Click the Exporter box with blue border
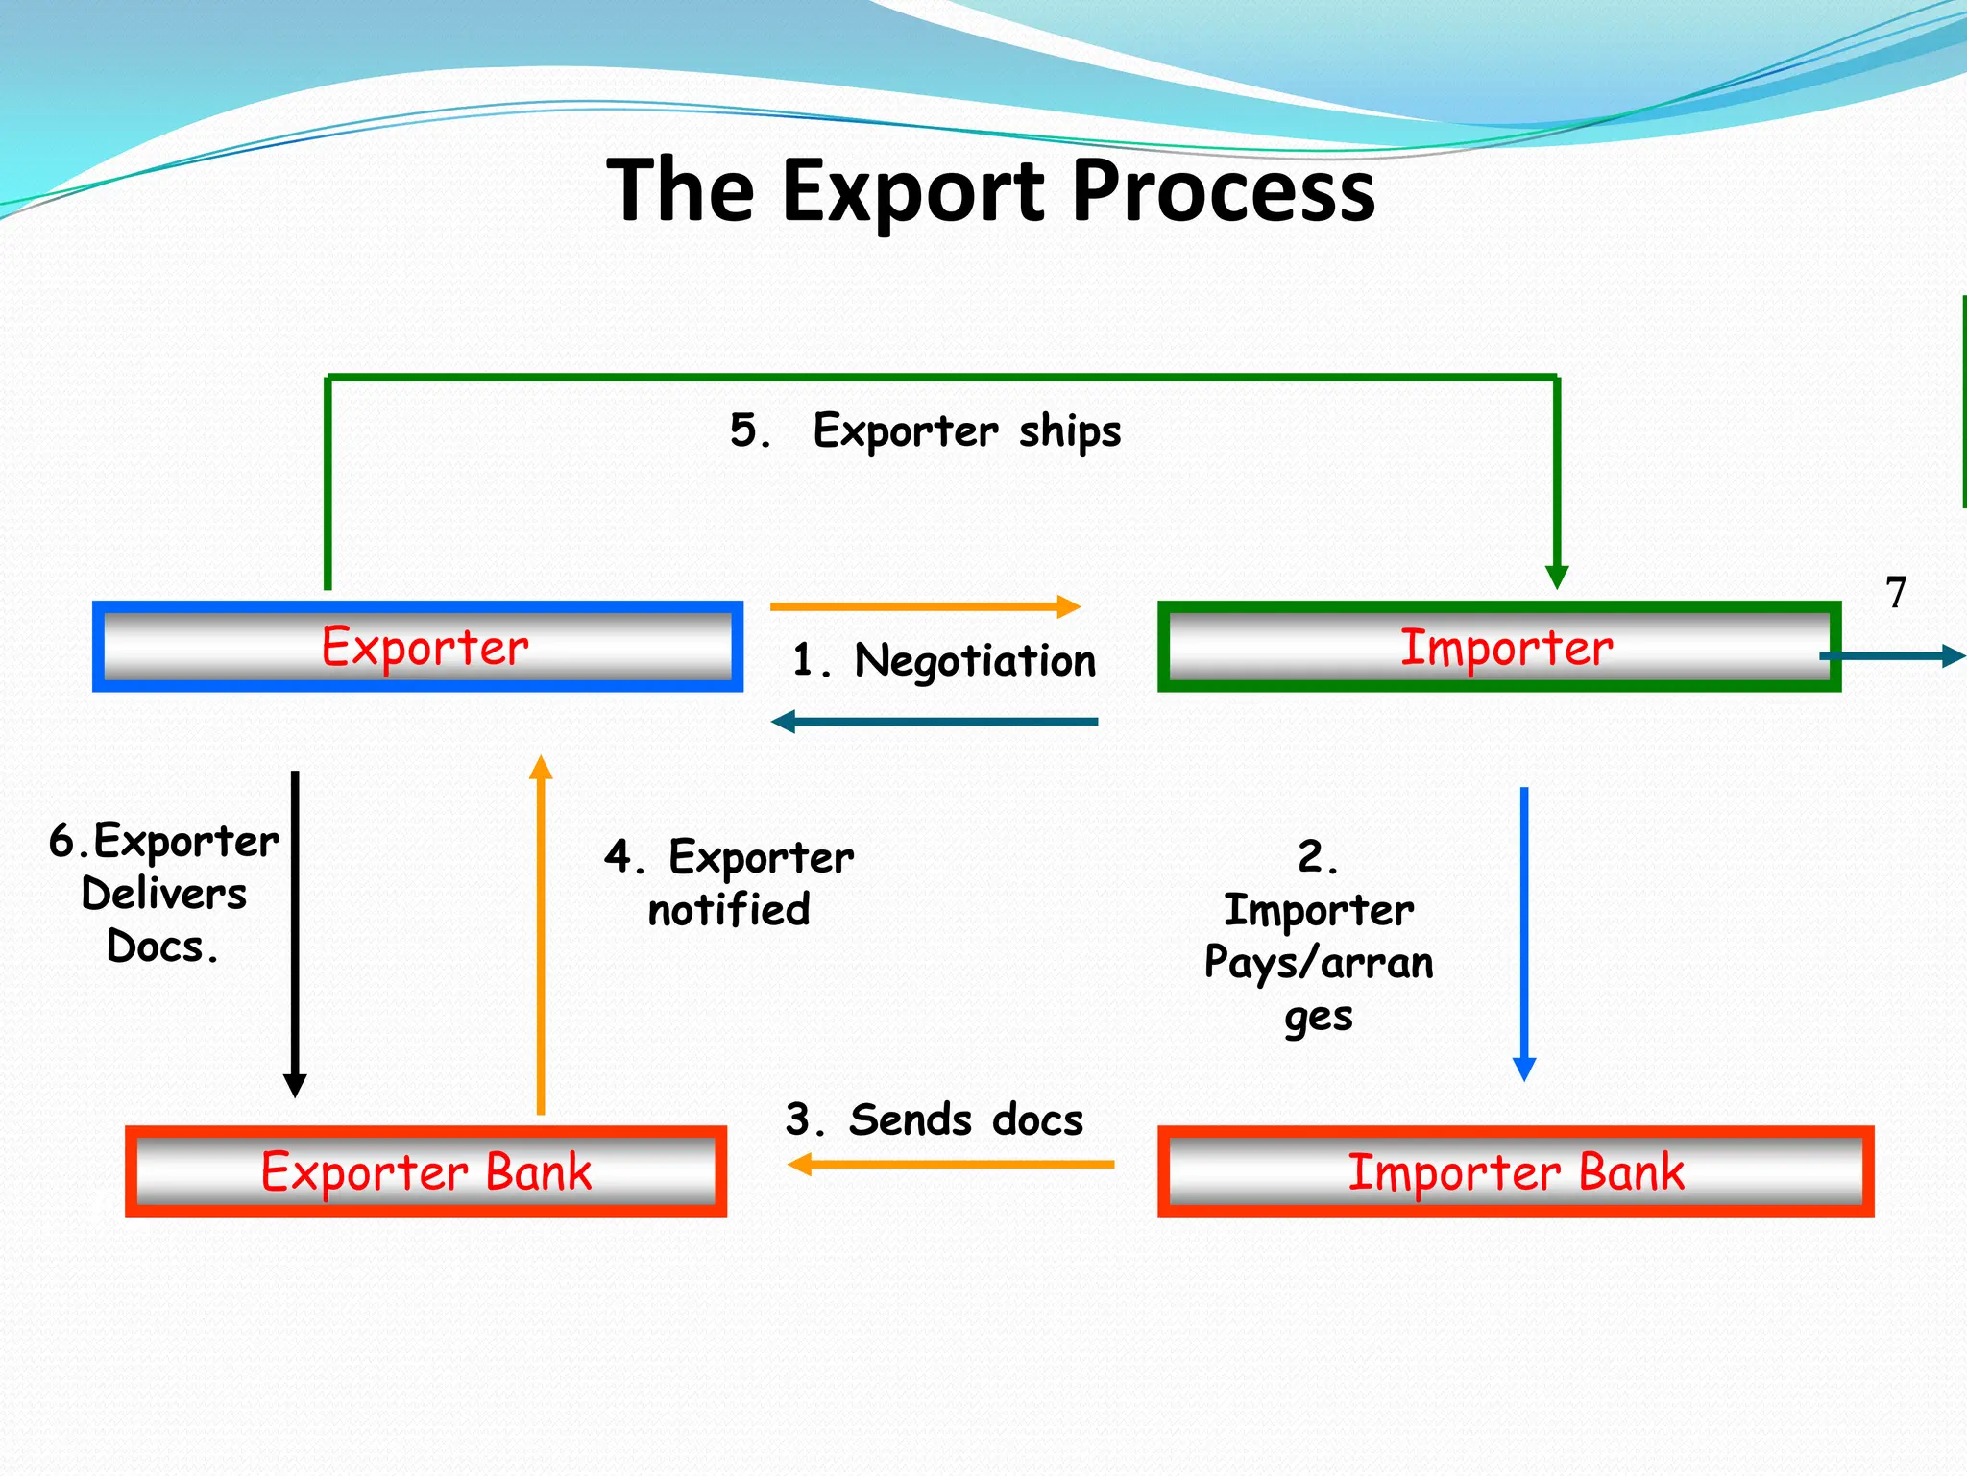[x=418, y=647]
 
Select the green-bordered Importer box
[x=1498, y=647]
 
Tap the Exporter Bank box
[x=425, y=1171]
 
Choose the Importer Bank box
[x=1516, y=1171]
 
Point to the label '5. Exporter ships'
[x=925, y=430]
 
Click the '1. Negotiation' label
[x=944, y=661]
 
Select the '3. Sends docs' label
[x=934, y=1120]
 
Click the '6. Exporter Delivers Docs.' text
[x=163, y=893]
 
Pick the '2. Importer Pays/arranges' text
[x=1319, y=935]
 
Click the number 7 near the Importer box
[x=1895, y=593]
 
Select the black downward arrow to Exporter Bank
[x=295, y=932]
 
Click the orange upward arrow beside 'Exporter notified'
[x=541, y=932]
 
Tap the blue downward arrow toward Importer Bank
[x=1524, y=932]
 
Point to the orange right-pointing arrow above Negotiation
[x=925, y=606]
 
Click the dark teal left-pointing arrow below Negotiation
[x=935, y=721]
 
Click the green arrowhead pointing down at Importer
[x=1557, y=576]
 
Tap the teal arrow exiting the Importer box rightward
[x=1892, y=656]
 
